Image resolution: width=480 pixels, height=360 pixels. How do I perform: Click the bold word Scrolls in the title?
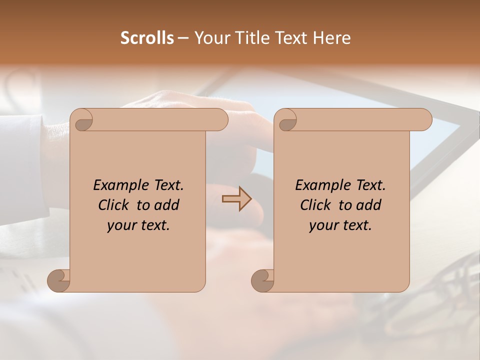pos(147,38)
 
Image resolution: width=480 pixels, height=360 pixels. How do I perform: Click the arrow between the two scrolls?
pos(236,198)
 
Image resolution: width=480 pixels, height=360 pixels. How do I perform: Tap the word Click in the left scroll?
pos(113,205)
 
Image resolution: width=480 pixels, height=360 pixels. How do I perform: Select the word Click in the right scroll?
pos(315,205)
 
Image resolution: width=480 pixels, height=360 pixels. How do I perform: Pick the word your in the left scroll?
pos(120,225)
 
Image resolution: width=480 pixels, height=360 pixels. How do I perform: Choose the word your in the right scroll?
pos(322,225)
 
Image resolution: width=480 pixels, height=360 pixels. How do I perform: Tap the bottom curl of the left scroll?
pos(58,280)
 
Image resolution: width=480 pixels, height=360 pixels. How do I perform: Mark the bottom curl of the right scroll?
pos(262,280)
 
